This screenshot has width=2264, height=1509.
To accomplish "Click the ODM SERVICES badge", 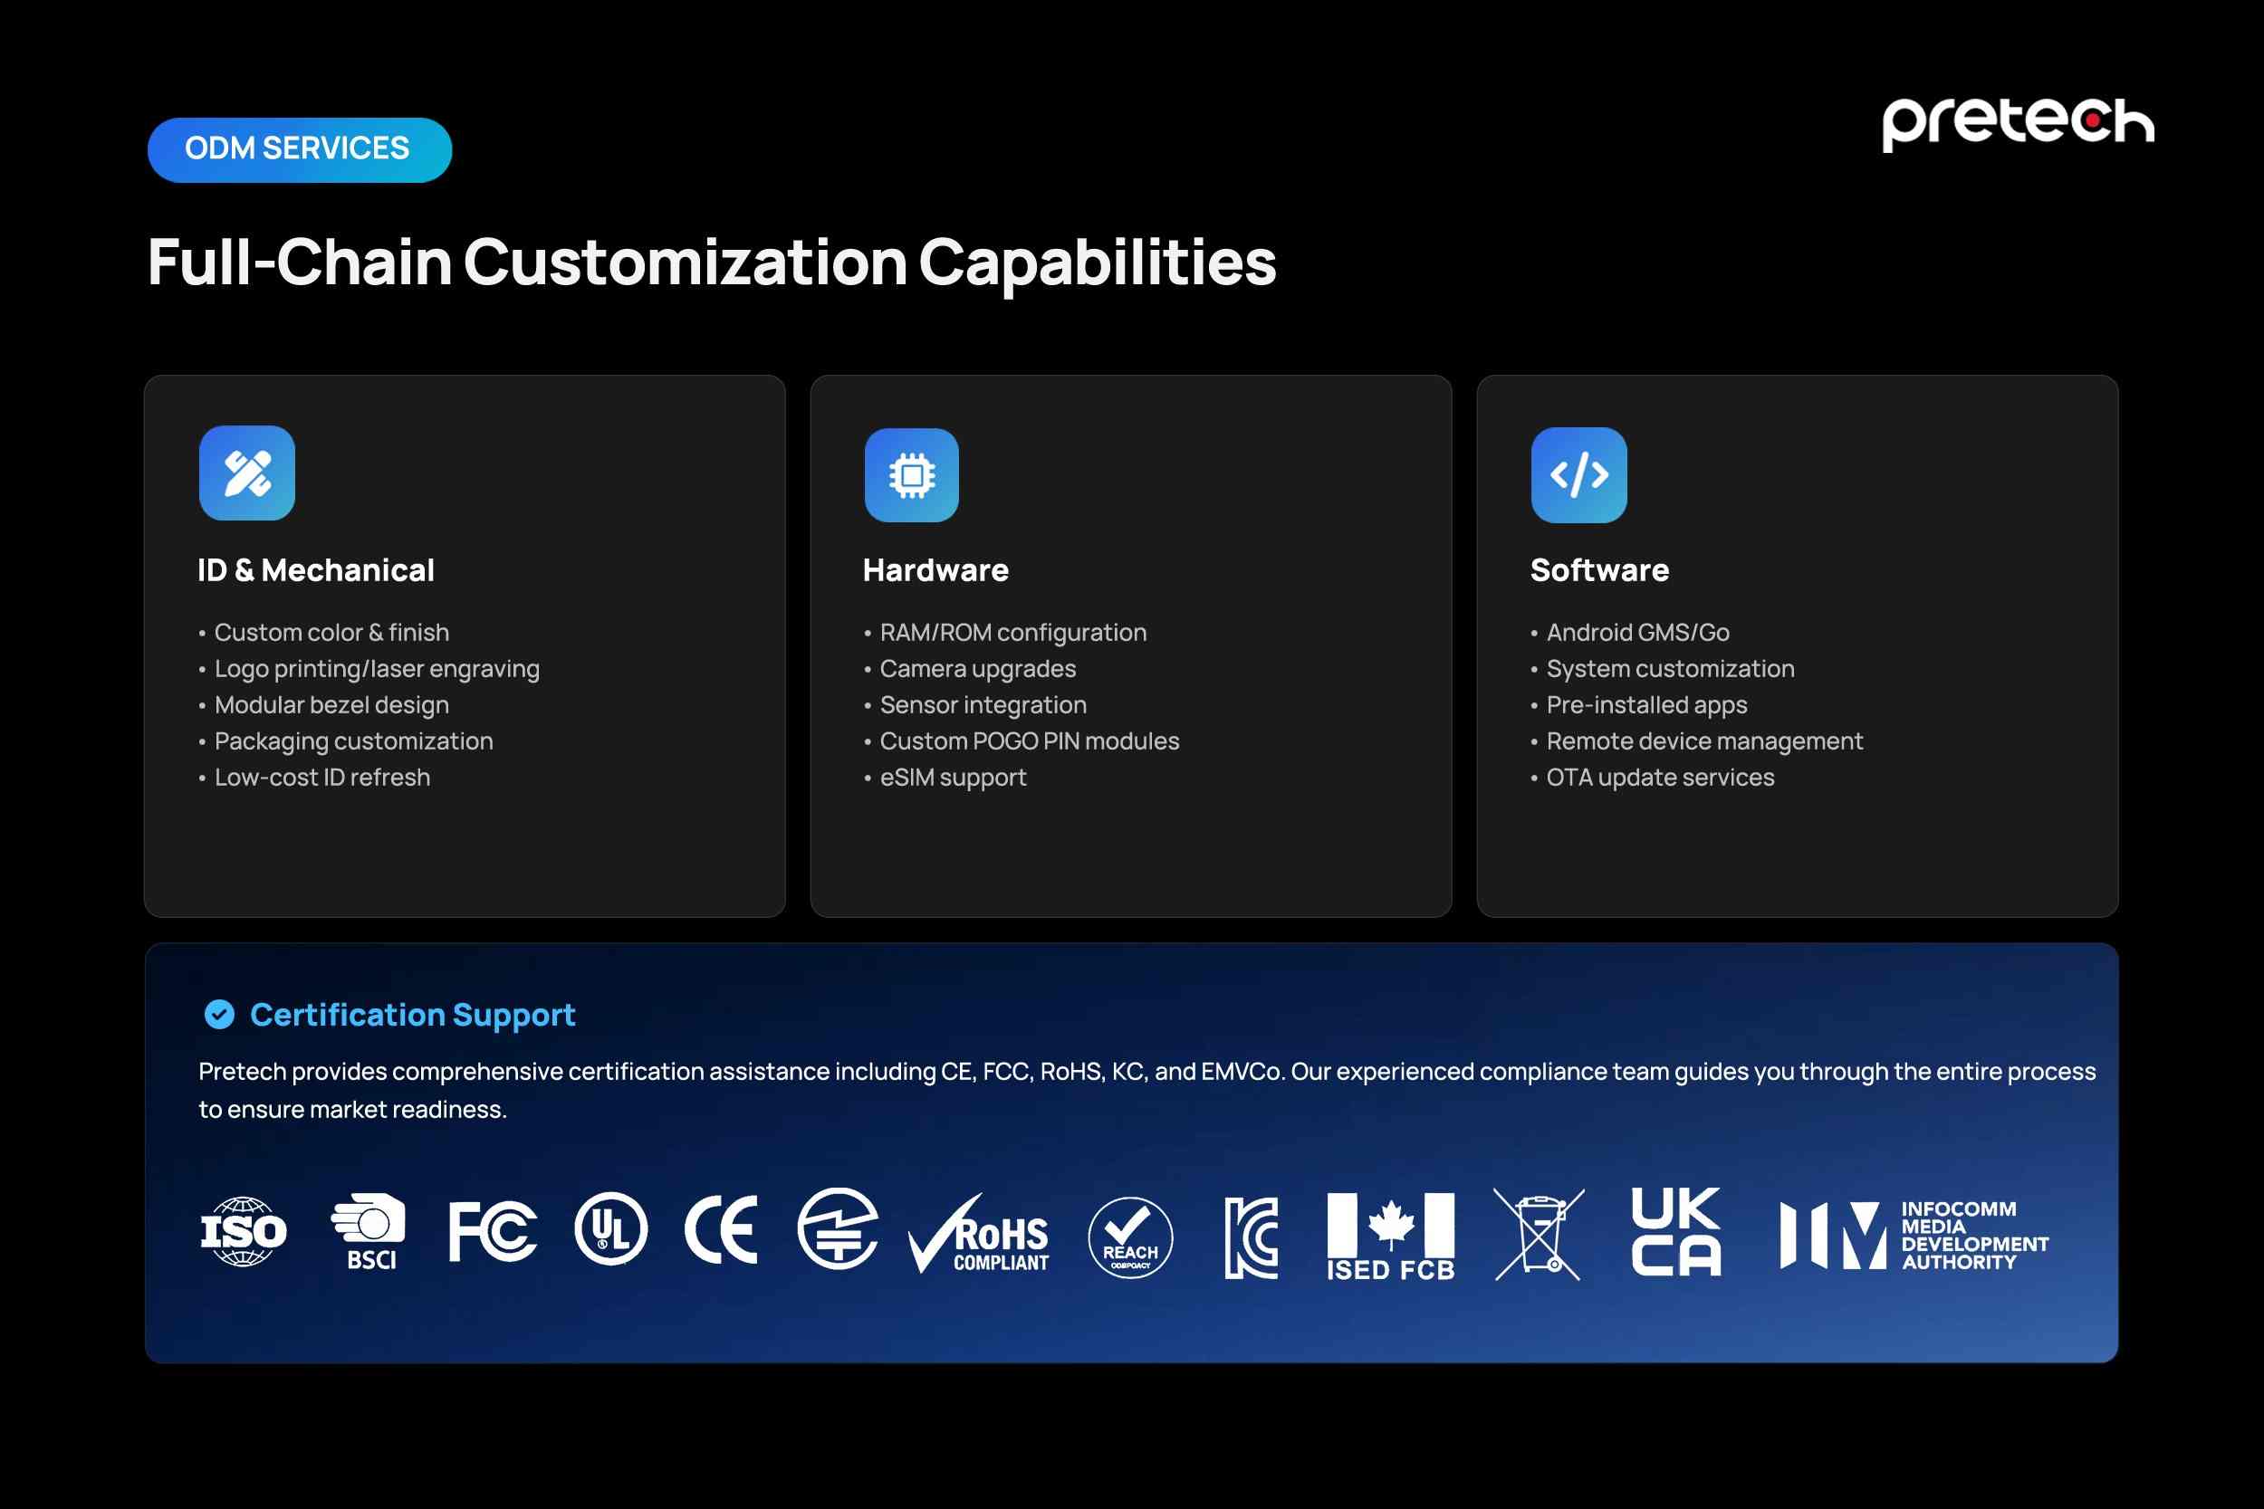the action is coord(300,149).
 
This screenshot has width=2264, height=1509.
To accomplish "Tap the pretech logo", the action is coord(2018,123).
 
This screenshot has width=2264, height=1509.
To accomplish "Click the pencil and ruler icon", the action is coord(247,473).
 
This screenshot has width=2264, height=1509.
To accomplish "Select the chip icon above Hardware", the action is coord(912,474).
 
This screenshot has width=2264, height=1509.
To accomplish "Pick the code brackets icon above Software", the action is coord(1578,474).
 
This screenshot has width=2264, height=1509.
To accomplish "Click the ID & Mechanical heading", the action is coord(316,569).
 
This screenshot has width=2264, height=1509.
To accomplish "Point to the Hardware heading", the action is coord(935,569).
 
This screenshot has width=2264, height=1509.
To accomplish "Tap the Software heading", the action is coord(1600,569).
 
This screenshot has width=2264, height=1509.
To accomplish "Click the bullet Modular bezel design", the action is coord(323,704).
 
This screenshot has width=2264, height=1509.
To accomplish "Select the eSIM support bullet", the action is coord(945,777).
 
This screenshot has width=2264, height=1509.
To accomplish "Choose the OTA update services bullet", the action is coord(1653,777).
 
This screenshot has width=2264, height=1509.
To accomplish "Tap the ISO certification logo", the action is coord(244,1231).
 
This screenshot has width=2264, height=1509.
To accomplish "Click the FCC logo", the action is coord(493,1231).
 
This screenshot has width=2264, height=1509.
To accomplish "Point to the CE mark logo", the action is coord(721,1230).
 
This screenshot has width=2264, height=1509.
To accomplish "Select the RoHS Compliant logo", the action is coord(979,1234).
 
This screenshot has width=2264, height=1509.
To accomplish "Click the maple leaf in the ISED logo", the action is coord(1391,1224).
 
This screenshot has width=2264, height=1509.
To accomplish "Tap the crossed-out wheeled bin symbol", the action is coord(1539,1234).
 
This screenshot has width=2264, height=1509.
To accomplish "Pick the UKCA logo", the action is coord(1676,1232).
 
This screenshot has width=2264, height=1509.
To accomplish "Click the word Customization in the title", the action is coord(686,262).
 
